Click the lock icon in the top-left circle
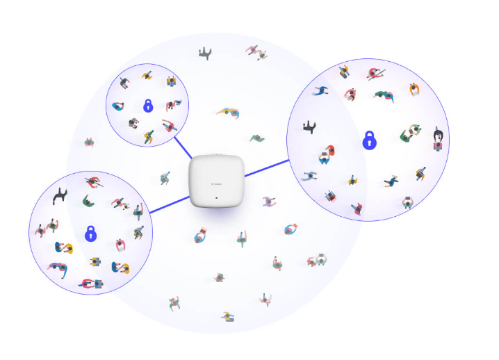(147, 106)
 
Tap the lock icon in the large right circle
(369, 140)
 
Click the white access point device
(217, 183)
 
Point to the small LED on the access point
(217, 198)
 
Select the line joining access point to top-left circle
(183, 147)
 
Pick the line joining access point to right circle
(267, 168)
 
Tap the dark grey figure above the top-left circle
(204, 54)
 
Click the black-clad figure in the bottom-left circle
(61, 195)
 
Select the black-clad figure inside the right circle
(310, 126)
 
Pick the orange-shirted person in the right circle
(414, 88)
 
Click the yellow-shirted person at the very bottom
(228, 317)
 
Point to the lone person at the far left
(90, 142)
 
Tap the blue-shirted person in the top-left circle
(118, 107)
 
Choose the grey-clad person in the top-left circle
(133, 123)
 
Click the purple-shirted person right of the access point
(269, 202)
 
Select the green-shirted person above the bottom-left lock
(88, 202)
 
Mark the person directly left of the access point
(165, 179)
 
